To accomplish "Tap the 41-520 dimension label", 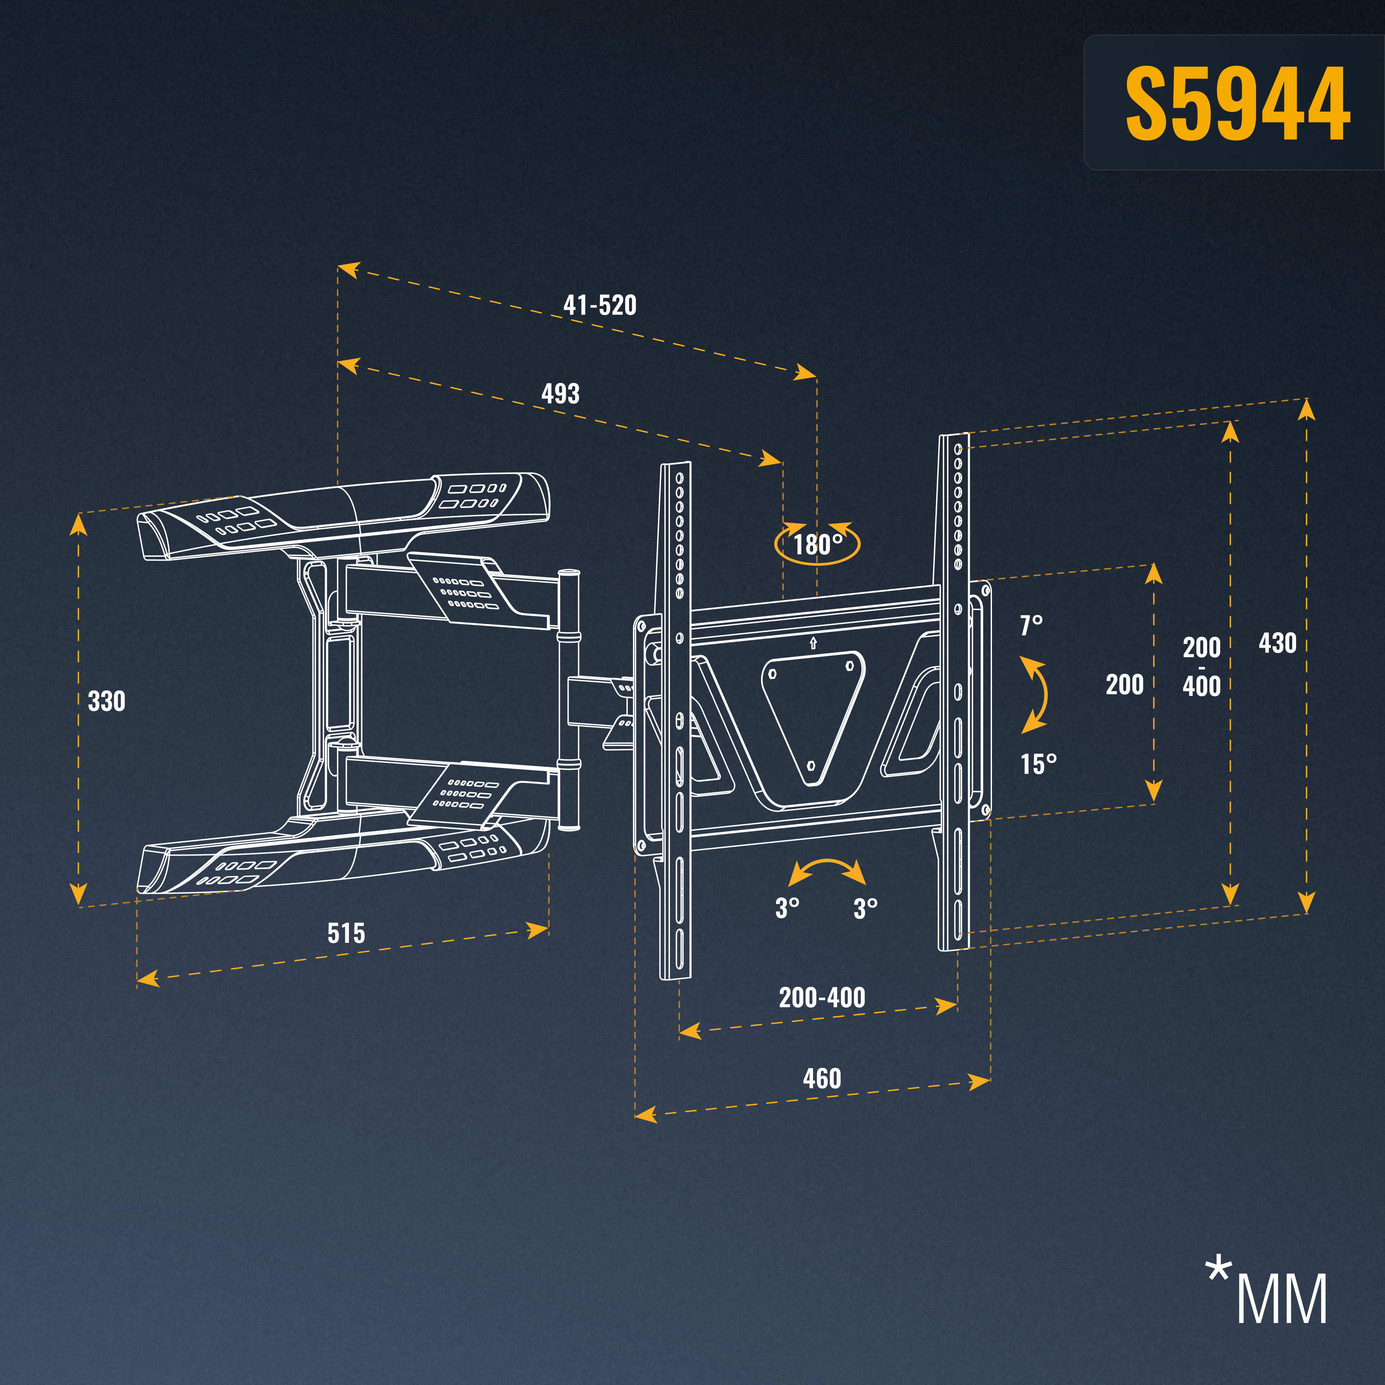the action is click(600, 305).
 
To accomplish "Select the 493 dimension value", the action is click(561, 394).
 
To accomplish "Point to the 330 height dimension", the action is click(106, 701).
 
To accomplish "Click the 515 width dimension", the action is click(346, 933).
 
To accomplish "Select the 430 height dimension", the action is click(1277, 643).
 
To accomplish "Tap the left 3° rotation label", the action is click(787, 908).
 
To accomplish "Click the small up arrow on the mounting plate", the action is click(813, 643).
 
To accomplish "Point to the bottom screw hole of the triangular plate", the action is click(812, 766).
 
